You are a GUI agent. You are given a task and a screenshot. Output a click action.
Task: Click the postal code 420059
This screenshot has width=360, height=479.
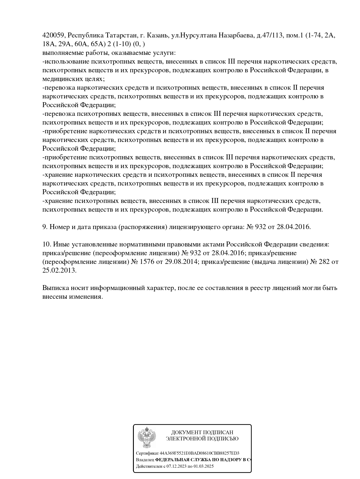[54, 35]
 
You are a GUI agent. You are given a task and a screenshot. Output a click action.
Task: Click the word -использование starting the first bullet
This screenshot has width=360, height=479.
[66, 62]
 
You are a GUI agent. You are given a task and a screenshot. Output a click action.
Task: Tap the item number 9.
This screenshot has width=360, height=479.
[45, 227]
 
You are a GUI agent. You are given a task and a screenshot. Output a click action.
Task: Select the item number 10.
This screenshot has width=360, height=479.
[47, 244]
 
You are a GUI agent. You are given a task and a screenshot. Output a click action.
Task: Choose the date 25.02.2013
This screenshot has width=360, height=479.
[59, 271]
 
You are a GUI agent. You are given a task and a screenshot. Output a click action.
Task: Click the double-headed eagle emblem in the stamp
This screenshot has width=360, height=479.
[147, 438]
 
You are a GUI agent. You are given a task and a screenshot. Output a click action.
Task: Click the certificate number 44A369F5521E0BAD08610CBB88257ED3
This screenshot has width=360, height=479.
[199, 453]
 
